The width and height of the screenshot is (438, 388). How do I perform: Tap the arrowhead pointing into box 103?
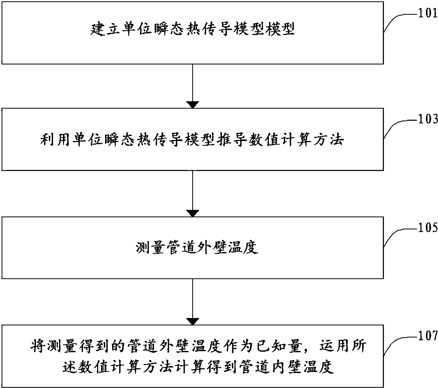click(193, 105)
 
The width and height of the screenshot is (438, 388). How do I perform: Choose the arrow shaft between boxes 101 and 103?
click(193, 83)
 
